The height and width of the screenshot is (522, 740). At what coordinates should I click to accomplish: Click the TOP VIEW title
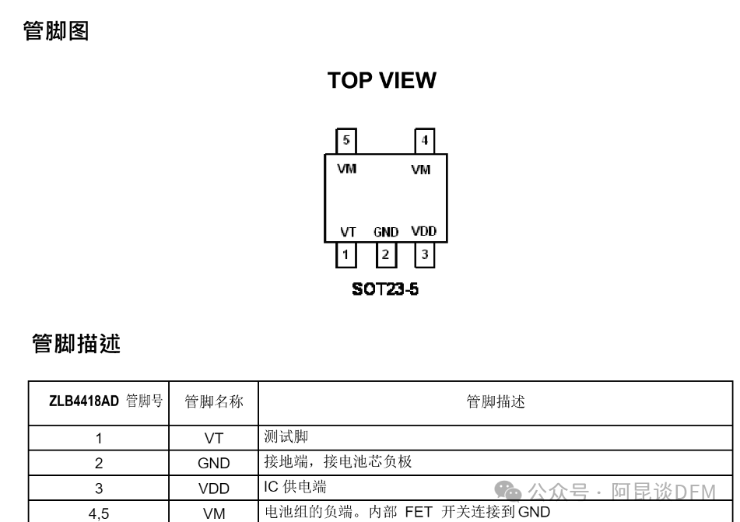pyautogui.click(x=381, y=80)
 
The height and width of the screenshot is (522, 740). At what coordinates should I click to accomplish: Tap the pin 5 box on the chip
pyautogui.click(x=346, y=141)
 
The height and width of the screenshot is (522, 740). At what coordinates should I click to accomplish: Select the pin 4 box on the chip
pyautogui.click(x=424, y=141)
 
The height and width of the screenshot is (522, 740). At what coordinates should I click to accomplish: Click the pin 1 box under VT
pyautogui.click(x=346, y=254)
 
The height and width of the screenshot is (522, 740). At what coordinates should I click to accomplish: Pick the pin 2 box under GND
pyautogui.click(x=385, y=254)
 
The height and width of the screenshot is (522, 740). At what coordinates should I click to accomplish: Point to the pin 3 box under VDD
pyautogui.click(x=424, y=254)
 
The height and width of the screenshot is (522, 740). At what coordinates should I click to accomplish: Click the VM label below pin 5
pyautogui.click(x=347, y=169)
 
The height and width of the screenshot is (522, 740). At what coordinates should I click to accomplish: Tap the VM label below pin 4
pyautogui.click(x=420, y=170)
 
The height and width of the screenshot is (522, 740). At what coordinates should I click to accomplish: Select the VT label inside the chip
pyautogui.click(x=348, y=232)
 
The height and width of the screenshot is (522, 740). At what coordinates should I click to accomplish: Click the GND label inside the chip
pyautogui.click(x=386, y=232)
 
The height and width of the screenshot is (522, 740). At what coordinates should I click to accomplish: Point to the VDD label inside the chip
pyautogui.click(x=424, y=231)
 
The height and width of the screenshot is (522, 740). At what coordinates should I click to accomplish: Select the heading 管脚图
pyautogui.click(x=56, y=32)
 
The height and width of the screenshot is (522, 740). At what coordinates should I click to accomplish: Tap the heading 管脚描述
pyautogui.click(x=76, y=343)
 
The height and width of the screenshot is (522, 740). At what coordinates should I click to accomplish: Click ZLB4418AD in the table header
pyautogui.click(x=84, y=401)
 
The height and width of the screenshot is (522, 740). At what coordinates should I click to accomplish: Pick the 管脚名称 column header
pyautogui.click(x=214, y=402)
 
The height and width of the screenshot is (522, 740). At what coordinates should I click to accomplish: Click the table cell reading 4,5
pyautogui.click(x=99, y=513)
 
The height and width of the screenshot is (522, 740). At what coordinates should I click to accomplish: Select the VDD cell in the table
pyautogui.click(x=214, y=489)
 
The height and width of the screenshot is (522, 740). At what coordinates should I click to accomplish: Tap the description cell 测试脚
pyautogui.click(x=286, y=437)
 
